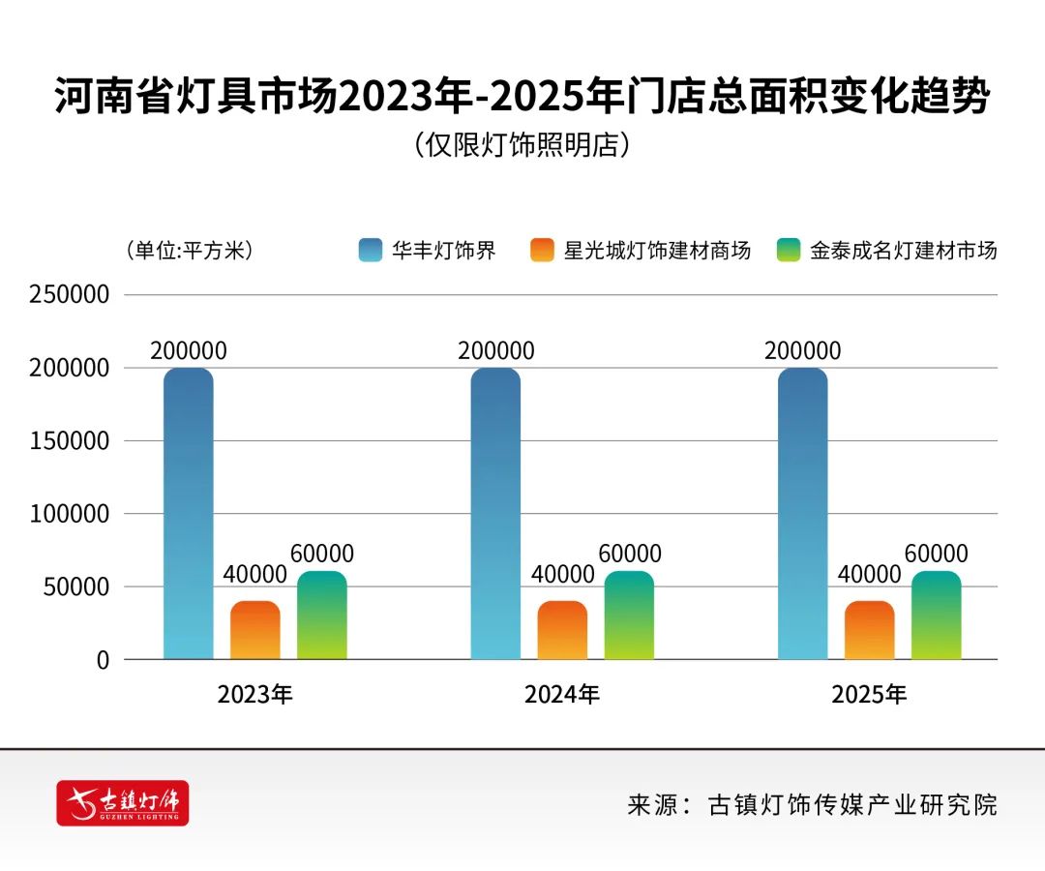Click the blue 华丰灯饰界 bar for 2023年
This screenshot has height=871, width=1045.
point(188,513)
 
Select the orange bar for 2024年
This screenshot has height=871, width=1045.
point(562,630)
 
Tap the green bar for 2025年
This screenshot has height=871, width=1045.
point(936,616)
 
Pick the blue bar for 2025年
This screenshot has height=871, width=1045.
point(802,513)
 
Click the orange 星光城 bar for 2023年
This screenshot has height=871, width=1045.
point(254,630)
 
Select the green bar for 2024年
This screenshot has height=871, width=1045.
point(629,616)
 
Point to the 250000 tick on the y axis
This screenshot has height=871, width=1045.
point(70,295)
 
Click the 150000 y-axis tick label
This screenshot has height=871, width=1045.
point(70,441)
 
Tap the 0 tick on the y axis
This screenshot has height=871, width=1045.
point(102,660)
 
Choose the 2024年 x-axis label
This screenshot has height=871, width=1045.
point(562,694)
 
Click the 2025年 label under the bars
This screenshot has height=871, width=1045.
point(869,694)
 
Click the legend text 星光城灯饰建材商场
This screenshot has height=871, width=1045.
point(657,251)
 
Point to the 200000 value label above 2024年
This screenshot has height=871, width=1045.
point(495,350)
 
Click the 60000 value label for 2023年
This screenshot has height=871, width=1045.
point(322,554)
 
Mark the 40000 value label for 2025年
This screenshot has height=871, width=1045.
point(869,574)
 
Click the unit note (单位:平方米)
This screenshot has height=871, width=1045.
point(189,251)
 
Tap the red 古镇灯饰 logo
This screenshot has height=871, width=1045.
point(123,802)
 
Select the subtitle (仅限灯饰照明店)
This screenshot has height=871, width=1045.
point(522,145)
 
